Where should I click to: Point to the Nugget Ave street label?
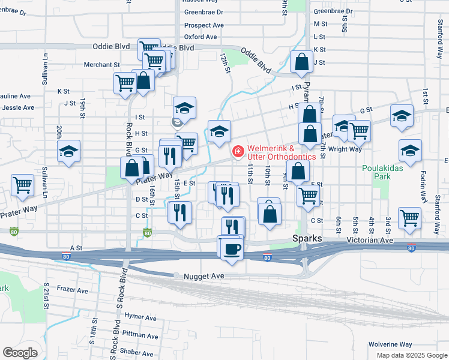point(199,275)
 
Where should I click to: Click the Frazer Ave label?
point(73,290)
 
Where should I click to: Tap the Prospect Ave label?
point(203,25)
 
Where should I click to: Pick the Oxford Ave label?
point(200,37)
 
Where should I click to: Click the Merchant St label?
point(102,64)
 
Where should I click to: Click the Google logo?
point(20,353)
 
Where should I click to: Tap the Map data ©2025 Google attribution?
point(411,355)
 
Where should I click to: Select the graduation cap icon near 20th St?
point(69,151)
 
